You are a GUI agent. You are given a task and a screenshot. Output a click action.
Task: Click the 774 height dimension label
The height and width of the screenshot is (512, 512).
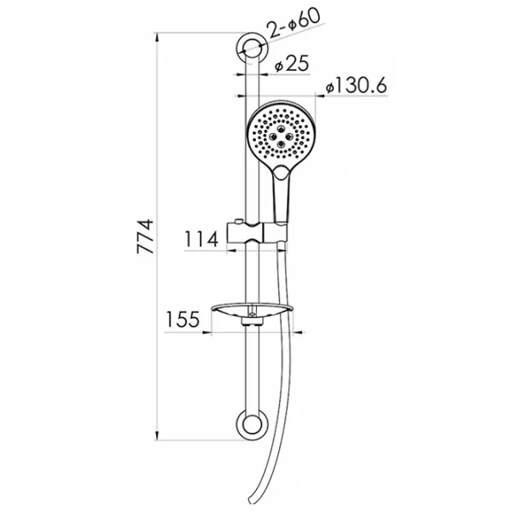145,236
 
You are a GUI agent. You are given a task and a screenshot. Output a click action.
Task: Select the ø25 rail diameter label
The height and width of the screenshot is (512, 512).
291,63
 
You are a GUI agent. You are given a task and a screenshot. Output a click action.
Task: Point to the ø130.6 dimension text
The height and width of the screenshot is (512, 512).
356,85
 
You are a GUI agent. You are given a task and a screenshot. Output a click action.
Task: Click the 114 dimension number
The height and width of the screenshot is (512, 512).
201,239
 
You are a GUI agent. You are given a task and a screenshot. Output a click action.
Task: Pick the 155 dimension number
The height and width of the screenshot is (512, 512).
183,319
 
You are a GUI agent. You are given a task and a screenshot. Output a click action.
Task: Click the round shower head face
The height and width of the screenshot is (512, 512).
281,133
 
